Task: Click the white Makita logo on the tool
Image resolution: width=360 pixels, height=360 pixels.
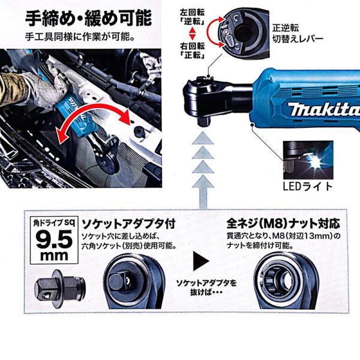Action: tap(324, 109)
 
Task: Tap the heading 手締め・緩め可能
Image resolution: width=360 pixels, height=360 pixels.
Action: tap(89, 18)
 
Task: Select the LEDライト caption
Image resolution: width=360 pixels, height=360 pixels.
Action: tap(308, 187)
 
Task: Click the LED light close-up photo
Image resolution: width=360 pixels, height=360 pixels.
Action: tap(308, 160)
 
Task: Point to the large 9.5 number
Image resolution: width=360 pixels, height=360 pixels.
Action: tap(54, 239)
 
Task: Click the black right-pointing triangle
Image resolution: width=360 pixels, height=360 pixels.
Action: tap(201, 261)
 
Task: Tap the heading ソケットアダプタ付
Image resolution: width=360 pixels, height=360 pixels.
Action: tap(128, 224)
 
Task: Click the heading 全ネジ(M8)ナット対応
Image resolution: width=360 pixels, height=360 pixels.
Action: tap(283, 223)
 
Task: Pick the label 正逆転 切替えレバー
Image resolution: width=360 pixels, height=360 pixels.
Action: tap(298, 34)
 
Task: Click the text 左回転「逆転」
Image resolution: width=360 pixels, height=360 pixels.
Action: tap(193, 17)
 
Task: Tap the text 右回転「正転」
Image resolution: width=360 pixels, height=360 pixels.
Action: tap(193, 50)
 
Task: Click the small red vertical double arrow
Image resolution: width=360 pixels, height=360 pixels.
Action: tap(192, 34)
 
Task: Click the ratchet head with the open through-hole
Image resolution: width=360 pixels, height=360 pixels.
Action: tap(286, 281)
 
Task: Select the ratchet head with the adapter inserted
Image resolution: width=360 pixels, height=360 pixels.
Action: tap(134, 281)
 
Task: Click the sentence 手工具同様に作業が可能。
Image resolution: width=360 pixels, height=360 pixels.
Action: tap(80, 37)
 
